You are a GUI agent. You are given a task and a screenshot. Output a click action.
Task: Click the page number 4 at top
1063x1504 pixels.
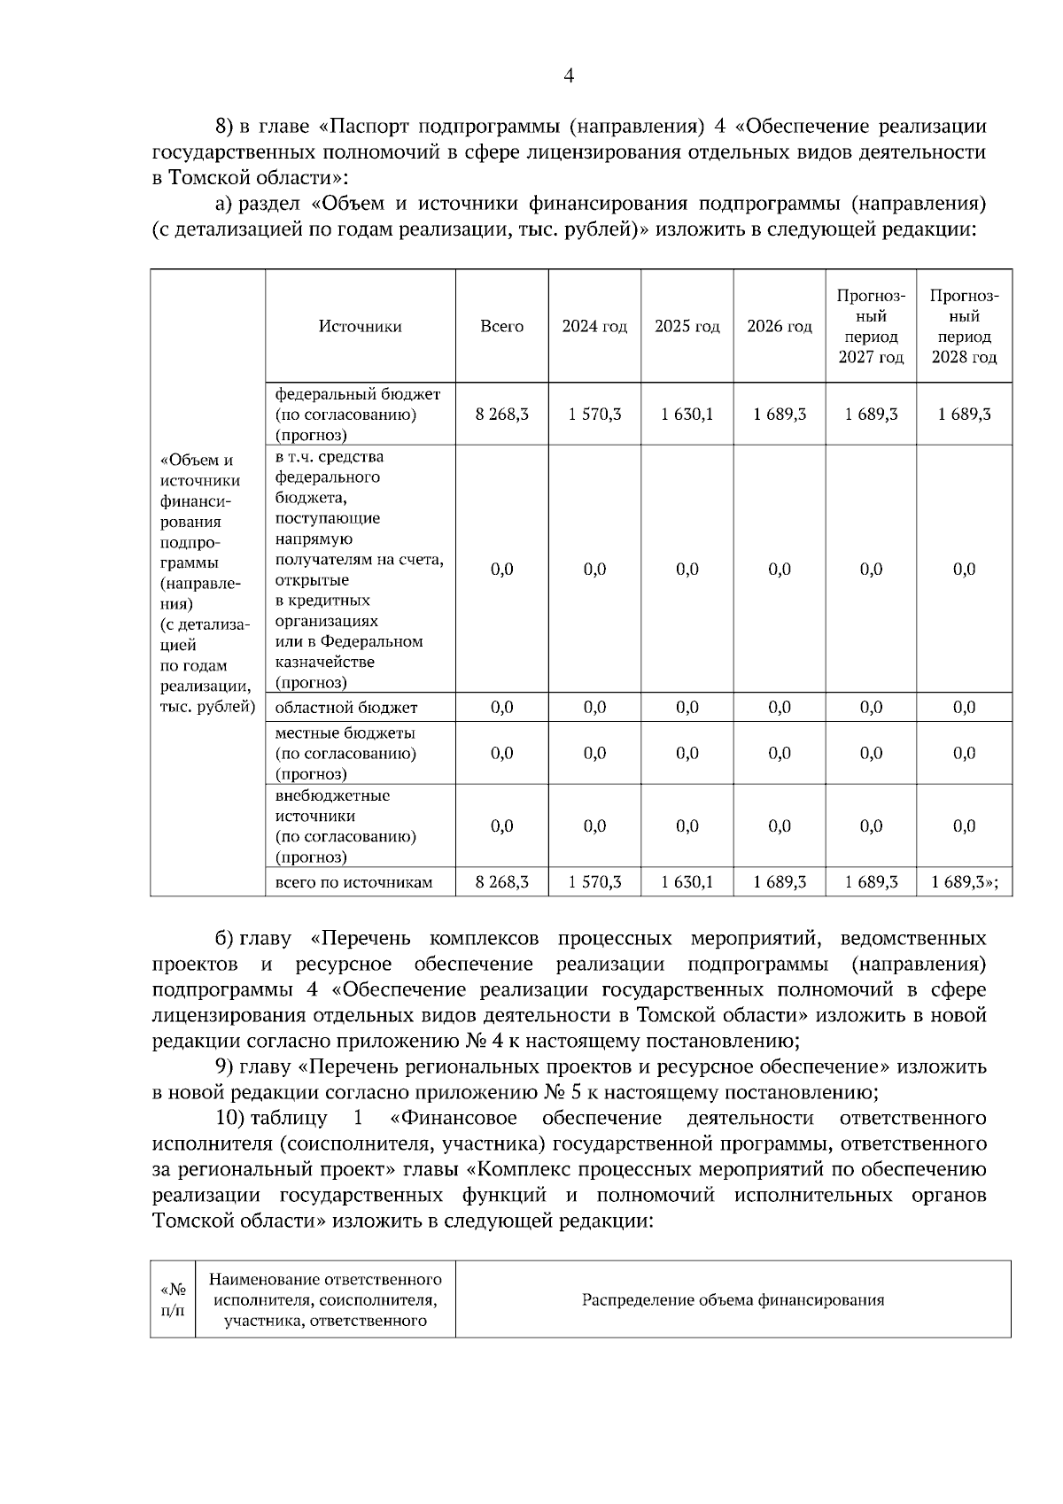(569, 77)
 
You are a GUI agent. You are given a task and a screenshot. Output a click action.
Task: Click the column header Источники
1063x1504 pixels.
(360, 326)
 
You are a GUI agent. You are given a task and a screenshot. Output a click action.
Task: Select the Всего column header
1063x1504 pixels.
(501, 326)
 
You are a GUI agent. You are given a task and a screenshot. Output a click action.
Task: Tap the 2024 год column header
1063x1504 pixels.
(594, 326)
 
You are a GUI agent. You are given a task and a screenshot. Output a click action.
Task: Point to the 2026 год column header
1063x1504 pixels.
(780, 326)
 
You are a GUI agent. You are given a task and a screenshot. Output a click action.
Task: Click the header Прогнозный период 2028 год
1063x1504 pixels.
(964, 326)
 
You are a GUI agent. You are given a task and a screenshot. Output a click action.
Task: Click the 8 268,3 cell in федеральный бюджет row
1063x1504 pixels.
(501, 414)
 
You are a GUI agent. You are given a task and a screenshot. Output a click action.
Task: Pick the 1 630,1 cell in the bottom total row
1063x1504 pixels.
(687, 881)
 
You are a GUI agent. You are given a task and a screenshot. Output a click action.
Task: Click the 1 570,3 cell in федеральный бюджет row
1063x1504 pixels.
(594, 414)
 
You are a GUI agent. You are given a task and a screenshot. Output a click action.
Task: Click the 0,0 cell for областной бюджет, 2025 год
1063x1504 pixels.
(687, 707)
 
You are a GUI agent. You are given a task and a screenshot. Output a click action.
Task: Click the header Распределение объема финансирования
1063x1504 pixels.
(733, 1299)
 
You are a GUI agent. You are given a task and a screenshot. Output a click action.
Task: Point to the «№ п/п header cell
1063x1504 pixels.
(173, 1299)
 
